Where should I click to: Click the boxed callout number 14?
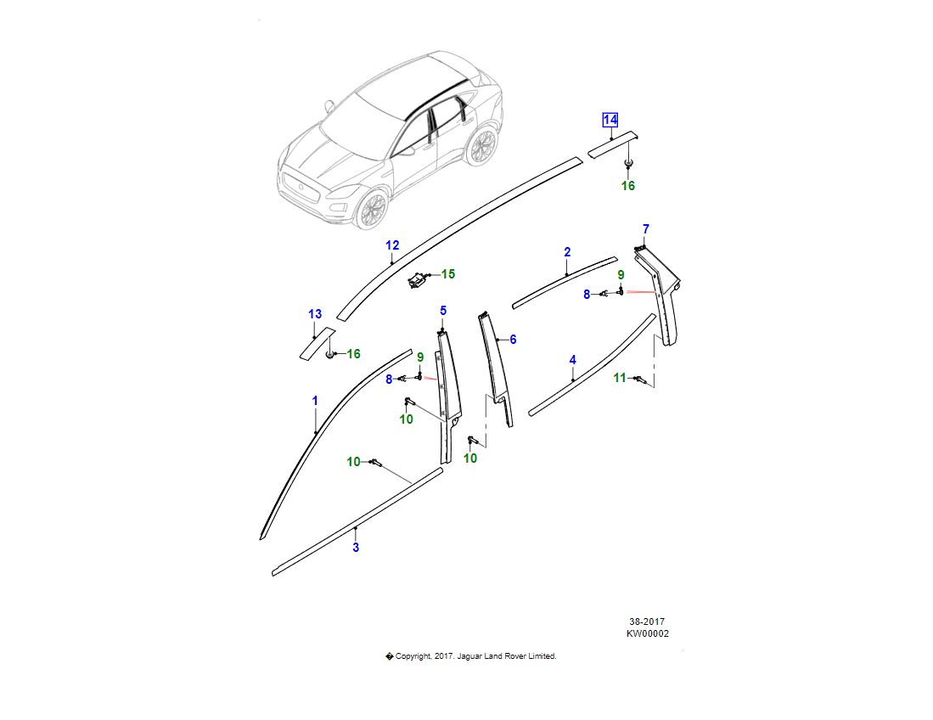[610, 120]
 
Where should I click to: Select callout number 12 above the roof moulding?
[391, 246]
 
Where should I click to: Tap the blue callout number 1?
[315, 400]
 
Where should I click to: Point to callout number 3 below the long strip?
[356, 548]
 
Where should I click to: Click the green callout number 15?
[447, 274]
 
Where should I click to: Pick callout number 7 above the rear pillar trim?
[645, 229]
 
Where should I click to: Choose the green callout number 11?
[620, 378]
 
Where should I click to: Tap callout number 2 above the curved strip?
[567, 252]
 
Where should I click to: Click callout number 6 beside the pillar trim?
[513, 340]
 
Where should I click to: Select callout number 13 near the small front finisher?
[315, 314]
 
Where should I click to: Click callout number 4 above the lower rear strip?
[572, 361]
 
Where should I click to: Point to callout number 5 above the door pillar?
[442, 311]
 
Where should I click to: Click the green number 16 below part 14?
[628, 186]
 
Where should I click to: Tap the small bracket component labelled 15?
[419, 279]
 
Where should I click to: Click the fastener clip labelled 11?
[644, 381]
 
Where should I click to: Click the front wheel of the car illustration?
[372, 209]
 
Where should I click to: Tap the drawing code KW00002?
[647, 633]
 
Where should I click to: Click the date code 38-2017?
[647, 622]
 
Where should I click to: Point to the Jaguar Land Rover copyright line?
[471, 656]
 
